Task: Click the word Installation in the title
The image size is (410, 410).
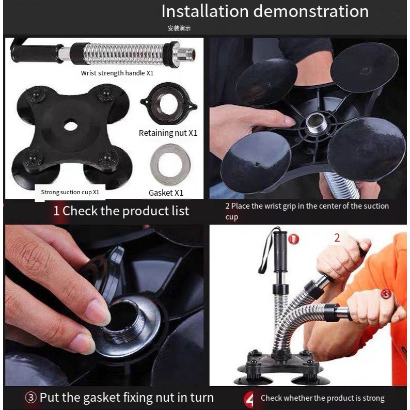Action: pyautogui.click(x=205, y=11)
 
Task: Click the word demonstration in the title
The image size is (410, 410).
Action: pyautogui.click(x=311, y=11)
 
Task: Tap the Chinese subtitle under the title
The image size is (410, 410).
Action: pyautogui.click(x=179, y=28)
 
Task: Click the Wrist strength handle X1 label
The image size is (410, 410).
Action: pyautogui.click(x=117, y=73)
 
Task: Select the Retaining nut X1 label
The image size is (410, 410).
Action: pyautogui.click(x=168, y=133)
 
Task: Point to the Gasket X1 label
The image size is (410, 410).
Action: pyautogui.click(x=166, y=193)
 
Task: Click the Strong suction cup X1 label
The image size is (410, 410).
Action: pyautogui.click(x=70, y=192)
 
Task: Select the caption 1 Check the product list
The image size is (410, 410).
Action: pyautogui.click(x=121, y=211)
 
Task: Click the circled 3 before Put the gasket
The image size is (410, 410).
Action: pyautogui.click(x=30, y=398)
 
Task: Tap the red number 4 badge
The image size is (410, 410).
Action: pyautogui.click(x=249, y=399)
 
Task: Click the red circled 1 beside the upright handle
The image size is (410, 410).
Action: pyautogui.click(x=293, y=239)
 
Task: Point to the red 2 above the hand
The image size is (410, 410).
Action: pyautogui.click(x=337, y=238)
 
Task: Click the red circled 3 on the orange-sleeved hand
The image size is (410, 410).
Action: pyautogui.click(x=386, y=294)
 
